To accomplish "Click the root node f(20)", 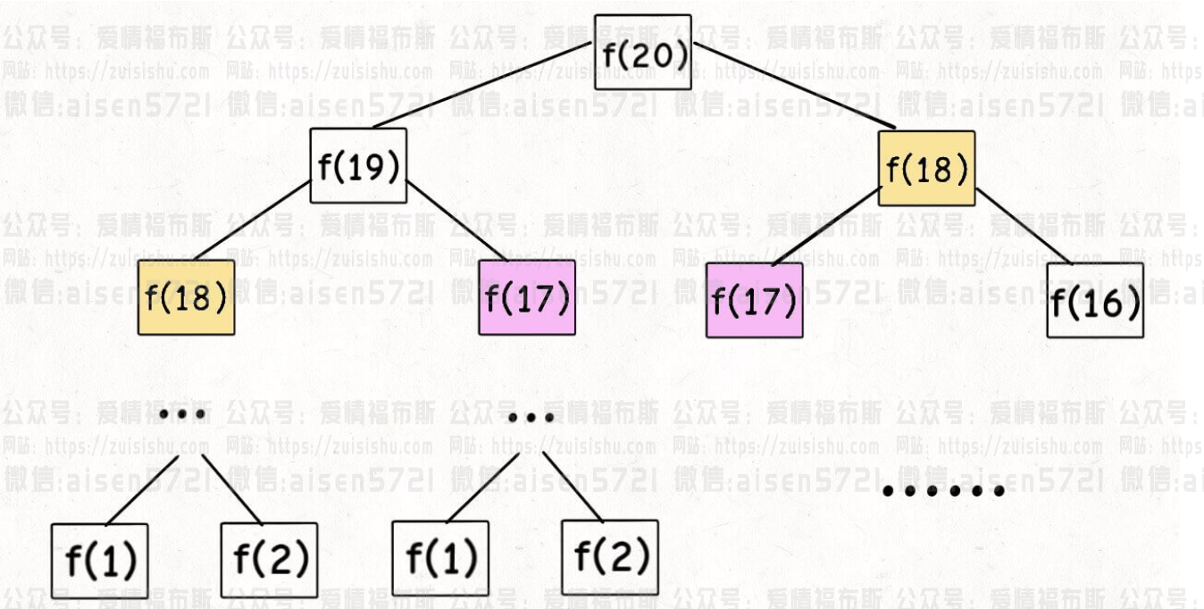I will (x=643, y=53).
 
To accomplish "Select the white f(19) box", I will (x=358, y=166).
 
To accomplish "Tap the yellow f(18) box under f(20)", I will (x=926, y=169).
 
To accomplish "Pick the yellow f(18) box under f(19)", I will (x=186, y=297).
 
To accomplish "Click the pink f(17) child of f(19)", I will (x=527, y=297).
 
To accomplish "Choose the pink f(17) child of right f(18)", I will (x=754, y=300).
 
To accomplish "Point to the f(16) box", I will (x=1095, y=300).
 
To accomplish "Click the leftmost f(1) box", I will (x=99, y=560).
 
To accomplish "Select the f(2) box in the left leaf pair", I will (x=270, y=558).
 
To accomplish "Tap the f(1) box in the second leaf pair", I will (x=440, y=558).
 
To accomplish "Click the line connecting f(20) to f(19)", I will (x=482, y=86).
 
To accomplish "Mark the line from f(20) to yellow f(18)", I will (x=795, y=88).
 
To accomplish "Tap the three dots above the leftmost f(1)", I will (x=183, y=413).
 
